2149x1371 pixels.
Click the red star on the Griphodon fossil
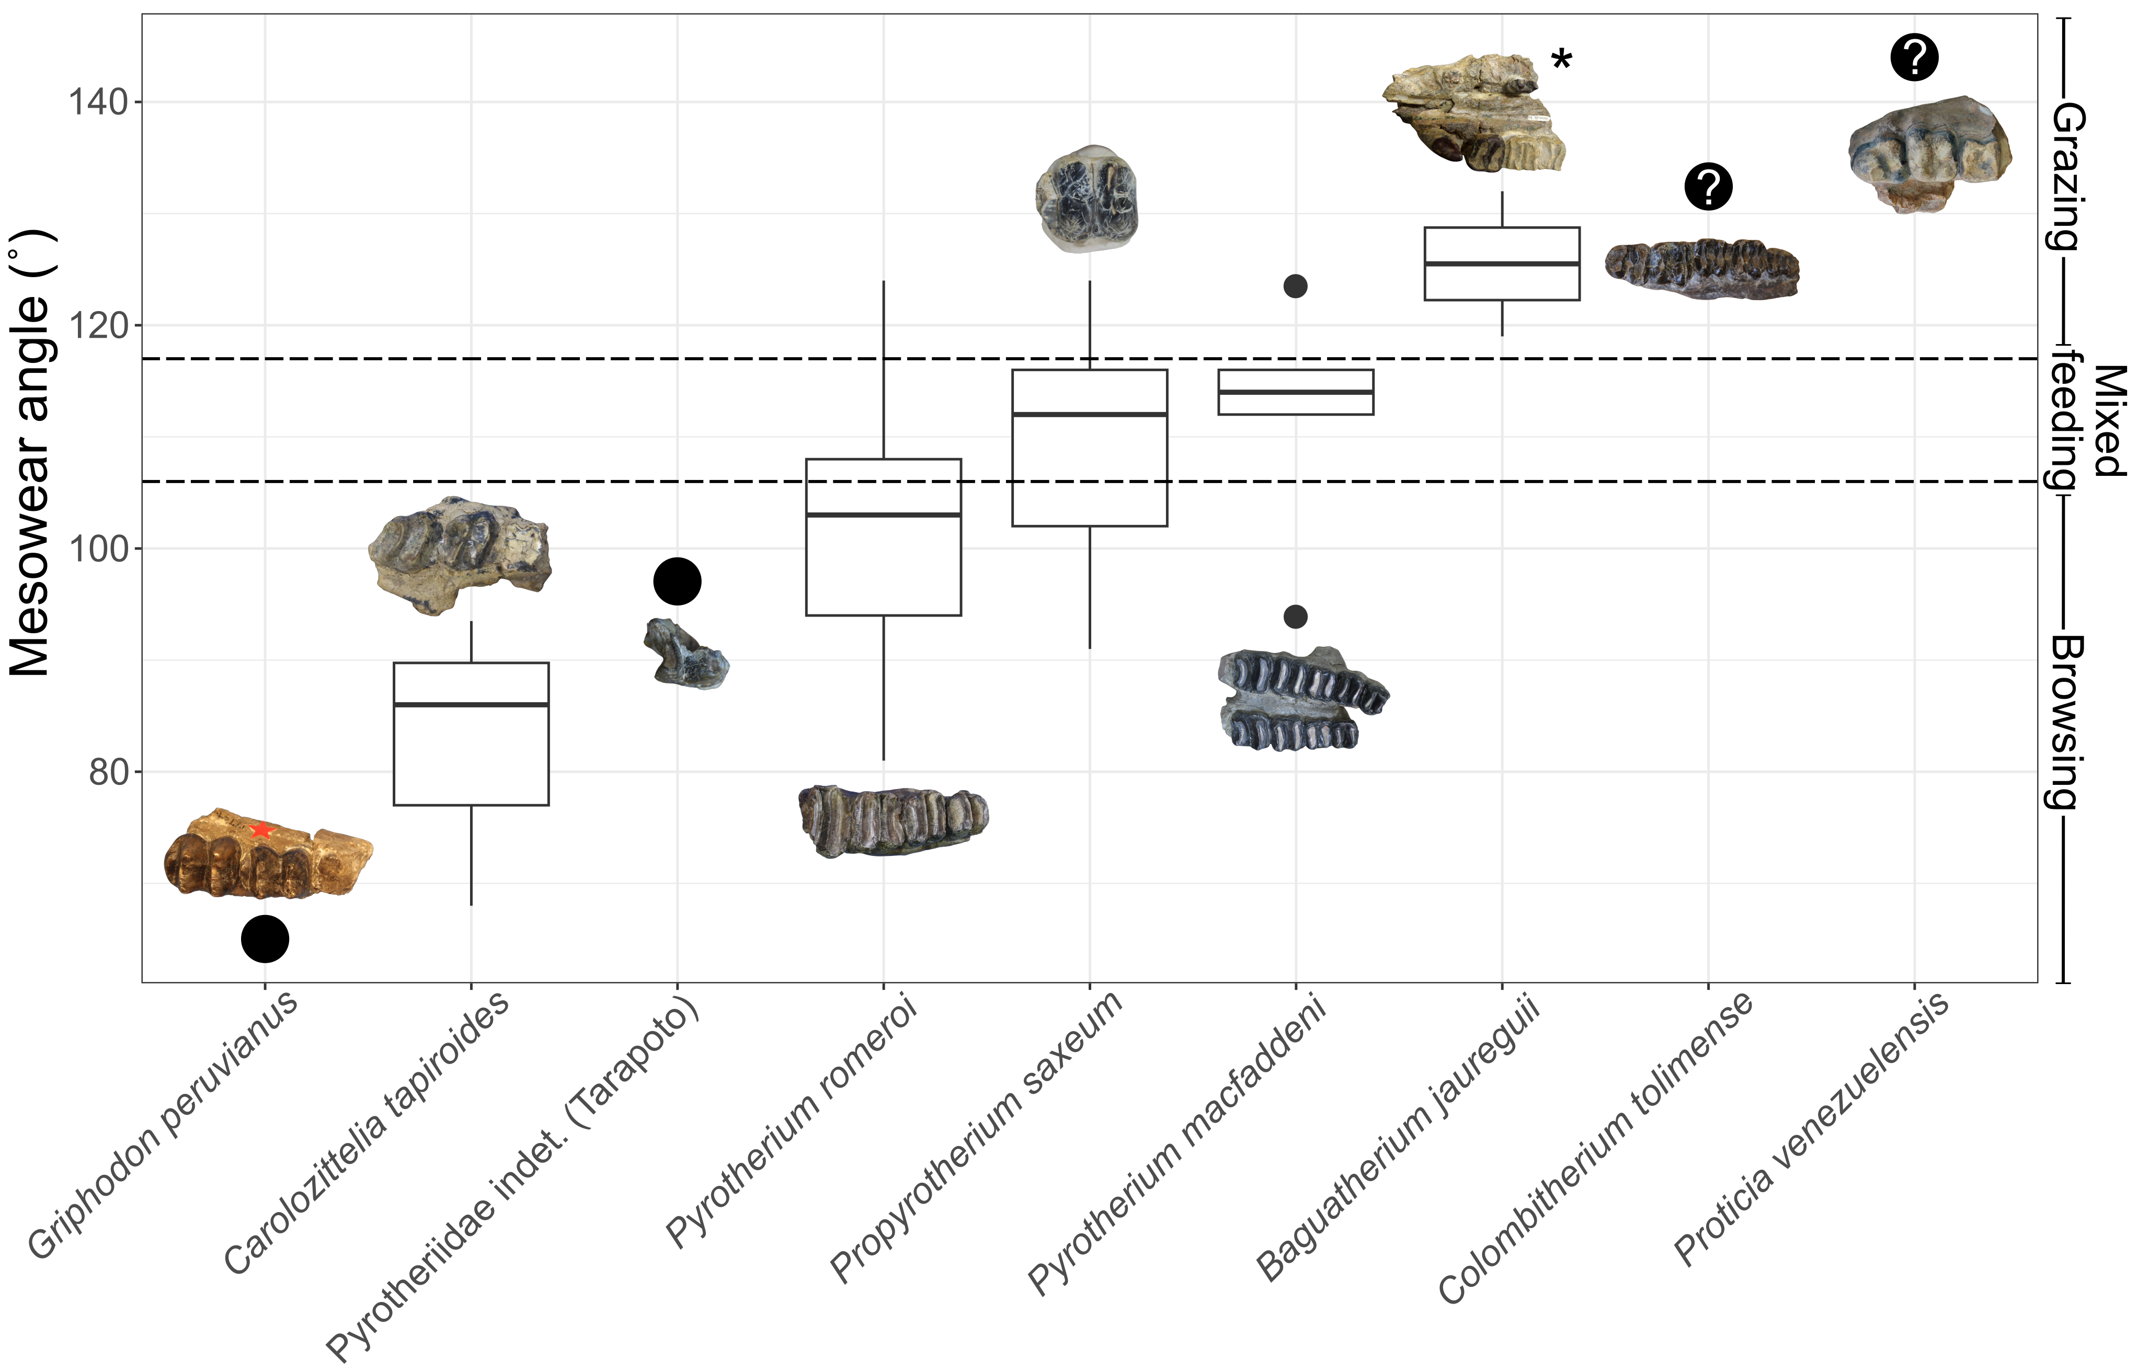pyautogui.click(x=260, y=830)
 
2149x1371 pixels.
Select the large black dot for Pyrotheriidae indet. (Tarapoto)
pyautogui.click(x=677, y=582)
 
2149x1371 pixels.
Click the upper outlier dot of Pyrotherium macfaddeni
pyautogui.click(x=1296, y=287)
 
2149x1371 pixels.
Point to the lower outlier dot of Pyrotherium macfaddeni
pyautogui.click(x=1296, y=617)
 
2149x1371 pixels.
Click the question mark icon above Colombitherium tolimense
pyautogui.click(x=1708, y=187)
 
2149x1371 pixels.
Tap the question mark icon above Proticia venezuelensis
pyautogui.click(x=1914, y=58)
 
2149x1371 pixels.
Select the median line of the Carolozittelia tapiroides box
pyautogui.click(x=471, y=705)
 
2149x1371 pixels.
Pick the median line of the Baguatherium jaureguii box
pyautogui.click(x=1502, y=264)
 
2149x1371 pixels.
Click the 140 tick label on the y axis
pyautogui.click(x=98, y=102)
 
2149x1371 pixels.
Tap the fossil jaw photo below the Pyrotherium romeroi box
pyautogui.click(x=893, y=819)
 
